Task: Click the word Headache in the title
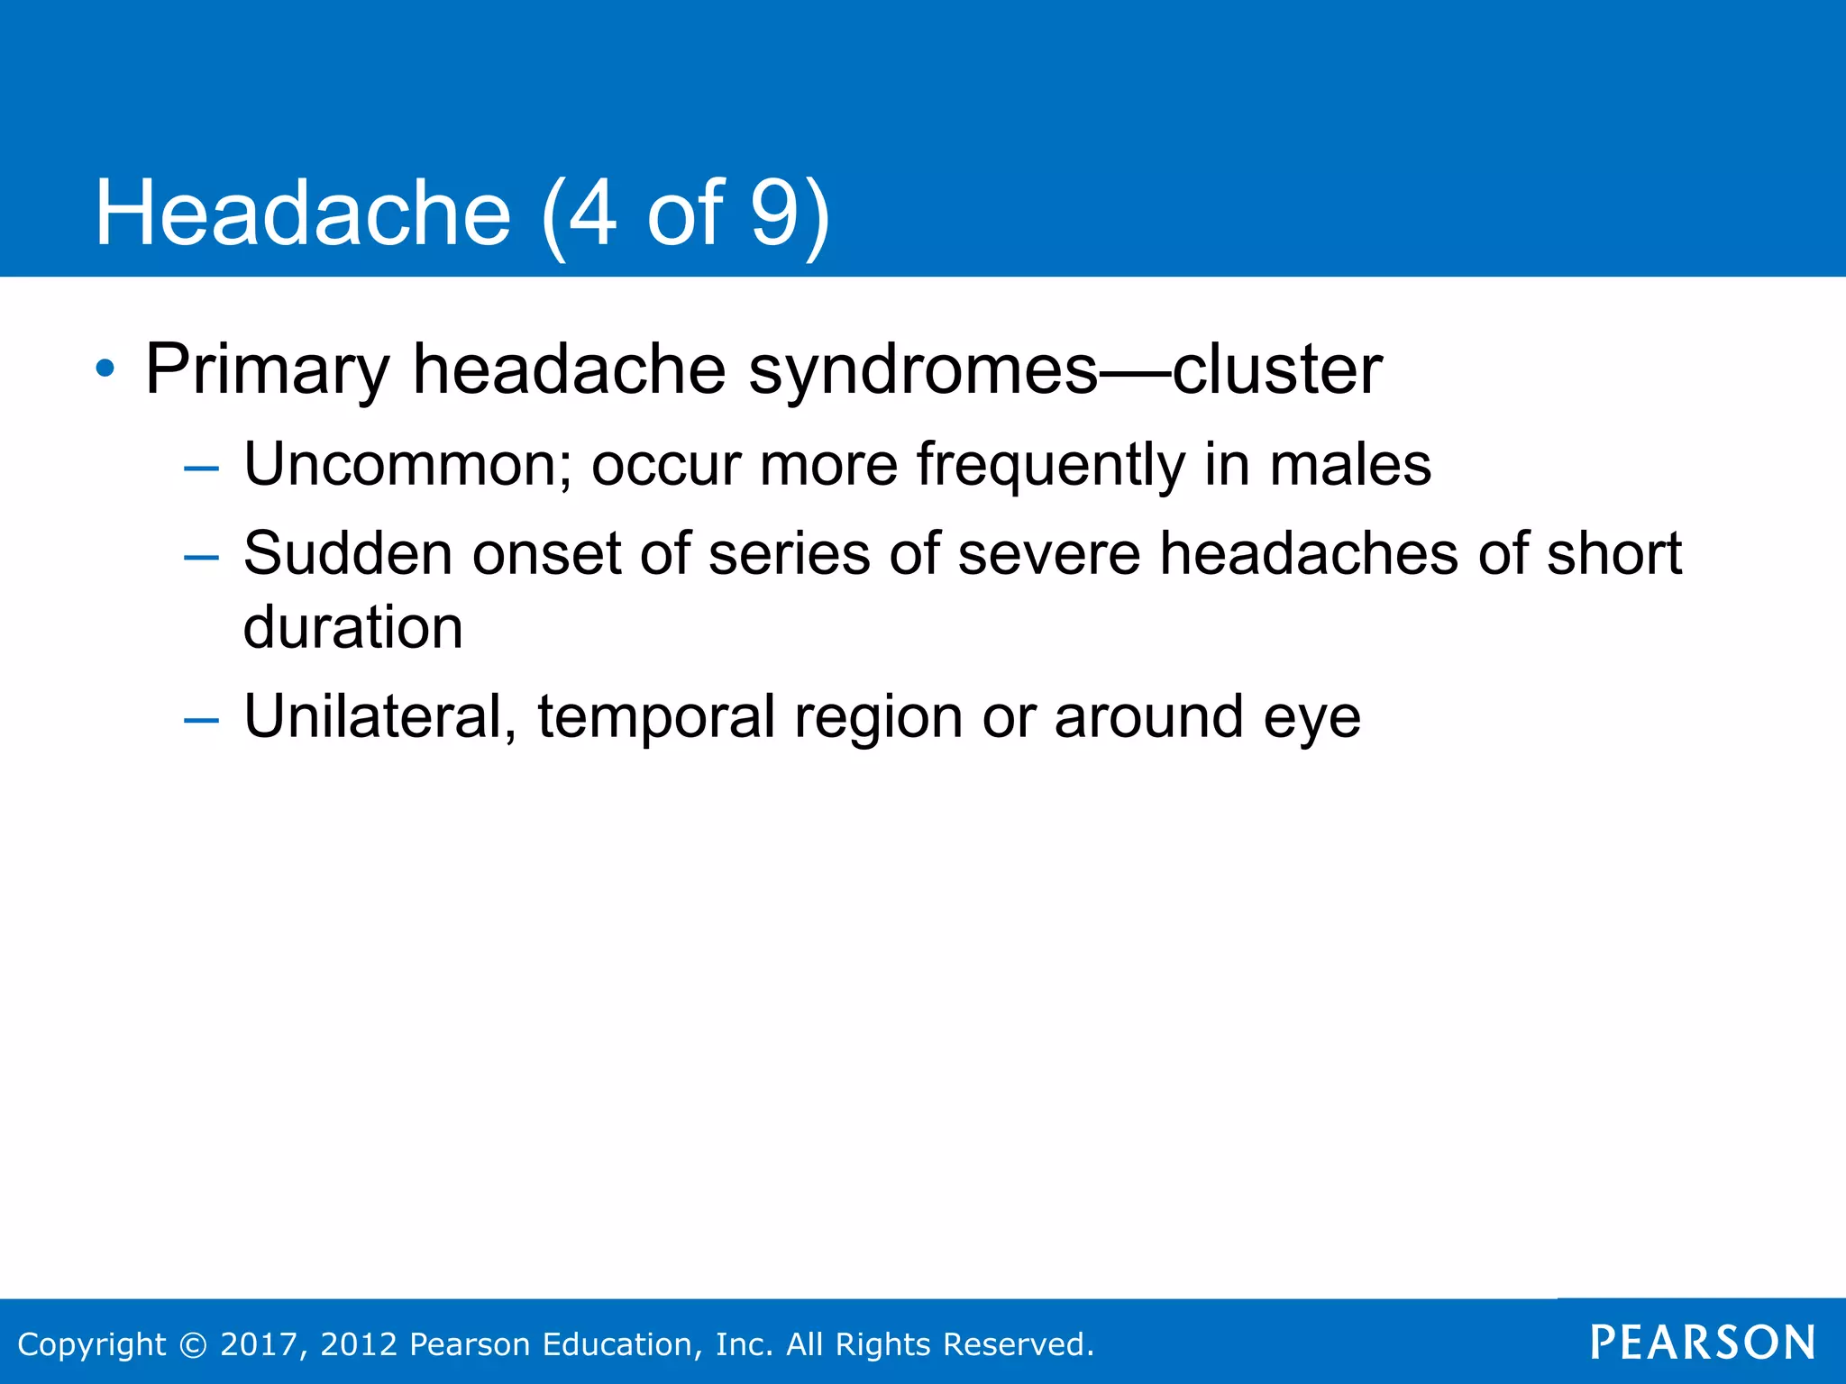[303, 214]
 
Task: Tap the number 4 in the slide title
[592, 214]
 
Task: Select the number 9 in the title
[775, 214]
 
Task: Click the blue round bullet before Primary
[105, 369]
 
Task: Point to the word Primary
[267, 369]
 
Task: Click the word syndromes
[923, 369]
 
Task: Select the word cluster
[1277, 369]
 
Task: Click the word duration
[352, 627]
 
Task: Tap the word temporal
[655, 717]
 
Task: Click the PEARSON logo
[1703, 1343]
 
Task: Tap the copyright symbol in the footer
[192, 1344]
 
